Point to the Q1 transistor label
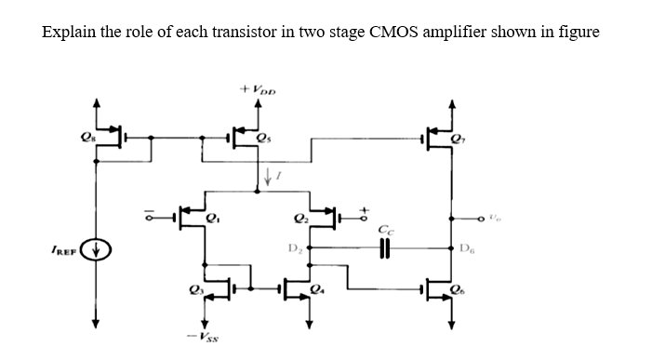[x=214, y=221]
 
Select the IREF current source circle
[x=94, y=249]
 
